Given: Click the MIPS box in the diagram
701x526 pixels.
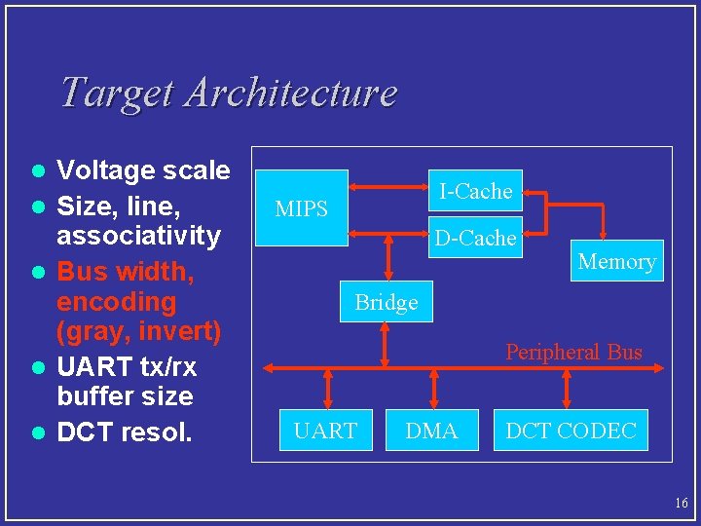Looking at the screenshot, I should pos(302,208).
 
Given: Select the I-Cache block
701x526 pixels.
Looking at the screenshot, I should pos(475,191).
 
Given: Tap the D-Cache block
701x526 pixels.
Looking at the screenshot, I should pos(475,238).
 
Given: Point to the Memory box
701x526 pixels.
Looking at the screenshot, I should pos(616,261).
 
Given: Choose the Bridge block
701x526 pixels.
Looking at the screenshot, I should pos(387,302).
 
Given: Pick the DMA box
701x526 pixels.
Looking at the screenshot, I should pos(431,431).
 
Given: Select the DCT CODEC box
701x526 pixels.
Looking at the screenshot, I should pos(571,431).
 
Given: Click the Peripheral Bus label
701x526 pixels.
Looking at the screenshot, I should pos(573,352).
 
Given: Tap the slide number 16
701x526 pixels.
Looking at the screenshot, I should pos(680,504).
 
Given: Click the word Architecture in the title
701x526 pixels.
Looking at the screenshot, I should pos(290,93).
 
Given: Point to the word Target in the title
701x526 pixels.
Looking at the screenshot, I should pos(117,93).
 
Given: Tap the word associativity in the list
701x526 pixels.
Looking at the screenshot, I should pos(138,236).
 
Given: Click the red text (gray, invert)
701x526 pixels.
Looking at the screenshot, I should pos(138,331).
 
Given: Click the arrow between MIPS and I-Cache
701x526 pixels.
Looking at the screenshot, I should pos(389,184).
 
